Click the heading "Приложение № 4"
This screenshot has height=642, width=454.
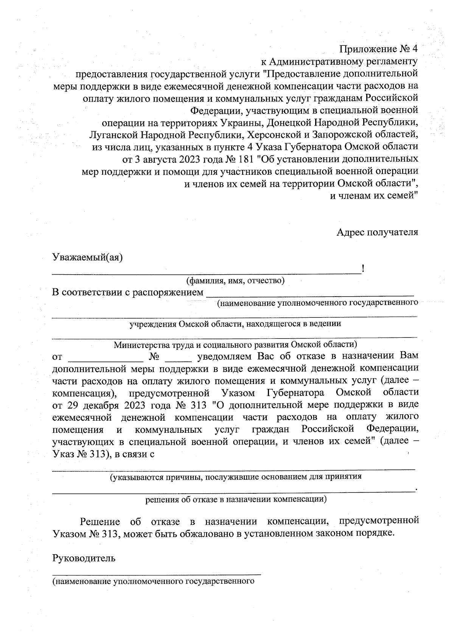tap(378, 49)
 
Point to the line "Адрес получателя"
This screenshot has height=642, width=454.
tap(377, 232)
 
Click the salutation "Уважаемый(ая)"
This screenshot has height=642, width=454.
tap(87, 258)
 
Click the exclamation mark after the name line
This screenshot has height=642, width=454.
tap(363, 269)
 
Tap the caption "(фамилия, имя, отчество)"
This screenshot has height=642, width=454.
tap(235, 281)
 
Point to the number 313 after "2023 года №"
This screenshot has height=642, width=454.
tap(197, 405)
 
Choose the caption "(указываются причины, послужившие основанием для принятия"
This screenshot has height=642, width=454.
tap(235, 477)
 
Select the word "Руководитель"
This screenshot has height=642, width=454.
tap(84, 558)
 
